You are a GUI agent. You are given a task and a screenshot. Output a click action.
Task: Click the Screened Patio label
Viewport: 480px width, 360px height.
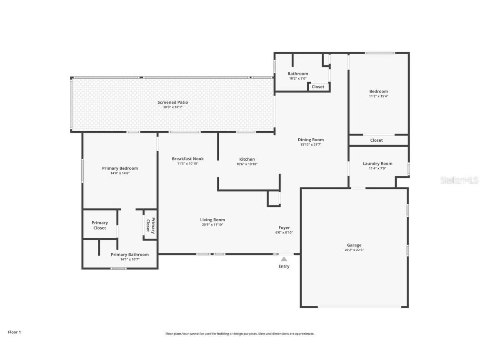click(x=172, y=102)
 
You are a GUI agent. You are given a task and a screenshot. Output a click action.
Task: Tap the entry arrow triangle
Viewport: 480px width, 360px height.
click(x=284, y=259)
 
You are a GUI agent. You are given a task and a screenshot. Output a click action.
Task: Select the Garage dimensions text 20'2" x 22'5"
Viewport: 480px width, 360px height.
click(x=354, y=250)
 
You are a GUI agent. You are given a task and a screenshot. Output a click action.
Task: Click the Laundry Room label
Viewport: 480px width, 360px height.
click(x=377, y=163)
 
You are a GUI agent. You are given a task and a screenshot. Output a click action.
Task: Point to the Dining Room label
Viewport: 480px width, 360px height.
click(x=310, y=140)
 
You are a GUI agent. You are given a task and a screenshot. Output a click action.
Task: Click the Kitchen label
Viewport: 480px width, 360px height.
click(x=247, y=159)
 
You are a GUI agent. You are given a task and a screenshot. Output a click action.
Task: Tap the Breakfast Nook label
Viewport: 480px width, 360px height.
click(x=187, y=159)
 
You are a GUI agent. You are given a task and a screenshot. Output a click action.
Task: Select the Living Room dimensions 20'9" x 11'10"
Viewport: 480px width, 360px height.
click(x=212, y=225)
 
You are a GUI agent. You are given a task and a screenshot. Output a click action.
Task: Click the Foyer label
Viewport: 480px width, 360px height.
click(x=284, y=227)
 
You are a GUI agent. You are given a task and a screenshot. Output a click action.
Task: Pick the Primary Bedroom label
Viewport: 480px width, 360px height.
click(x=120, y=168)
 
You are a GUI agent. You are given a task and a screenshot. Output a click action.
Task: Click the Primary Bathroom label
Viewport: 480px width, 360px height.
click(x=130, y=255)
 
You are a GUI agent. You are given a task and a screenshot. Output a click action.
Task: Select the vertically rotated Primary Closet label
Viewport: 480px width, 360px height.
click(x=150, y=225)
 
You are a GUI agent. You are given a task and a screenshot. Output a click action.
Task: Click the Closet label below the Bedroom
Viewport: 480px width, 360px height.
click(x=376, y=140)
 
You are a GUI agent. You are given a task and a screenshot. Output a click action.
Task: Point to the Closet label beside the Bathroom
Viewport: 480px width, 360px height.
click(x=318, y=87)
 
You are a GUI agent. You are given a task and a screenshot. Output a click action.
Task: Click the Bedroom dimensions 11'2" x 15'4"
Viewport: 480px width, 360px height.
click(x=378, y=96)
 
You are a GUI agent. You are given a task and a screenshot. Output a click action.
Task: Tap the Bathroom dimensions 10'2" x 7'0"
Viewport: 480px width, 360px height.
click(x=297, y=78)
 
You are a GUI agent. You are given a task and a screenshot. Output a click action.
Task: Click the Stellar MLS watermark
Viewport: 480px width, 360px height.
click(x=459, y=180)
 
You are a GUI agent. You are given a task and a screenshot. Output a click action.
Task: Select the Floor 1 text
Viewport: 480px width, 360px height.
click(x=14, y=332)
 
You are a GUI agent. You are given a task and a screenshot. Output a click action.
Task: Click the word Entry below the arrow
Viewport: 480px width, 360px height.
click(x=284, y=266)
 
